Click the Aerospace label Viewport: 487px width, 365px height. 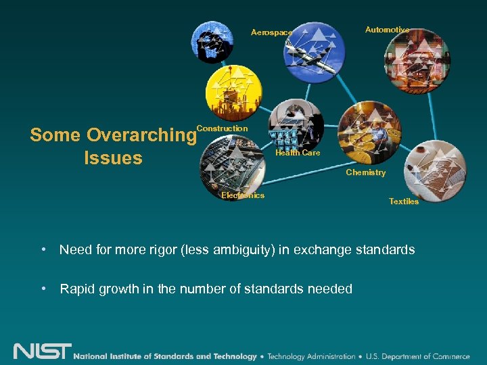tap(271, 32)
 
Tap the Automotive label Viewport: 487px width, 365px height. tap(387, 30)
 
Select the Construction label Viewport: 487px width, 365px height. tap(222, 128)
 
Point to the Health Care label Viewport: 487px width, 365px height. tap(298, 153)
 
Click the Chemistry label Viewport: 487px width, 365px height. tap(365, 173)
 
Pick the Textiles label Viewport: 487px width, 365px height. tap(404, 201)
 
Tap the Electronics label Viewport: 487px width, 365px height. tap(243, 195)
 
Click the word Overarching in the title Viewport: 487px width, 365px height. tap(141, 135)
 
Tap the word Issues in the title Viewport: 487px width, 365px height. tap(113, 158)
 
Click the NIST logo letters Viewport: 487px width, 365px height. tap(42, 352)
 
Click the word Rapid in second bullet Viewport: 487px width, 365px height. tap(78, 289)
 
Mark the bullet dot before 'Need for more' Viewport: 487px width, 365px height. tap(43, 250)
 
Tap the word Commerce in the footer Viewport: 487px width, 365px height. tap(449, 356)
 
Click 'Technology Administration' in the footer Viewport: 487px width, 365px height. tap(310, 356)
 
